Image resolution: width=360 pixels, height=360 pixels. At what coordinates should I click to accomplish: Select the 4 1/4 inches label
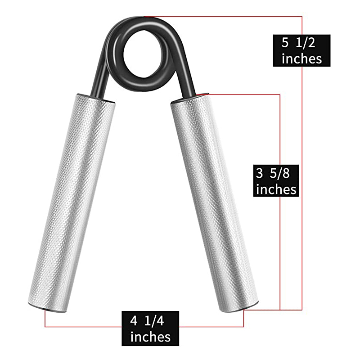point(150,328)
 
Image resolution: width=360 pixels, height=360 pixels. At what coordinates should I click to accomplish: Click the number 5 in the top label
point(285,43)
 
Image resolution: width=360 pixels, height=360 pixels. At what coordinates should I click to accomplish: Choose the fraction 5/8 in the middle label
point(284,173)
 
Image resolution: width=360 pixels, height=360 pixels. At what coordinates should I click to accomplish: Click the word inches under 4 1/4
point(150,337)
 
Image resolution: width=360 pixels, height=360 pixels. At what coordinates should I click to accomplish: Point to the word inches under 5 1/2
point(301,58)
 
